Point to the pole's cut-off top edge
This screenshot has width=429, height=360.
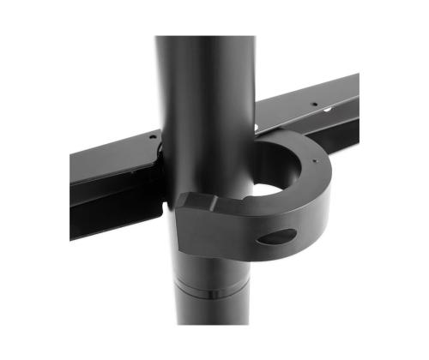tap(206, 38)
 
